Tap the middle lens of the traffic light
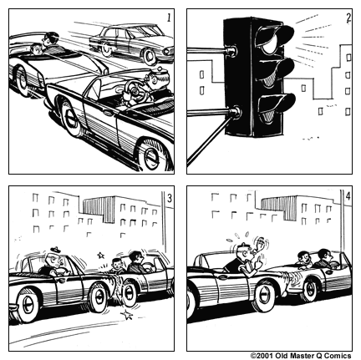pos(275,71)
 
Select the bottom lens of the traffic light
pos(275,104)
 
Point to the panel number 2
pos(347,17)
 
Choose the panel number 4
pos(348,198)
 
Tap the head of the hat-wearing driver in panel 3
pos(55,261)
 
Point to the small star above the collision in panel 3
pos(101,254)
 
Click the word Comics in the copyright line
pos(338,355)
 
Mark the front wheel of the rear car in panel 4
pos(311,289)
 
